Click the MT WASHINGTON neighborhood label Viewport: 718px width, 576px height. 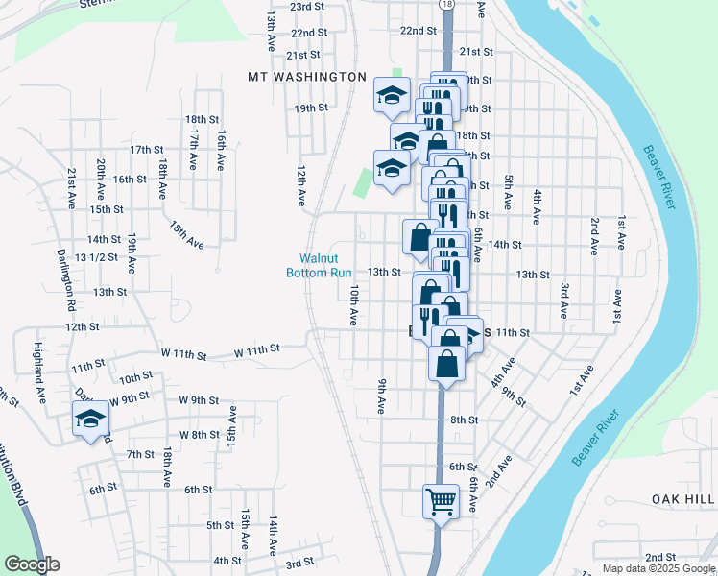pyautogui.click(x=307, y=76)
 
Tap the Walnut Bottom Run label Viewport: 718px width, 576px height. pyautogui.click(x=320, y=265)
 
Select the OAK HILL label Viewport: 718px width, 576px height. pyautogui.click(x=683, y=499)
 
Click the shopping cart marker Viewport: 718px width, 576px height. pyautogui.click(x=441, y=500)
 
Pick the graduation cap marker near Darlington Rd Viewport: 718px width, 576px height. pyautogui.click(x=91, y=420)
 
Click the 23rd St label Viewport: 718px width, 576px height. pyautogui.click(x=309, y=6)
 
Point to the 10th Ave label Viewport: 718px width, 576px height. pyautogui.click(x=354, y=303)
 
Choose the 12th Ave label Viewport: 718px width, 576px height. pyautogui.click(x=300, y=185)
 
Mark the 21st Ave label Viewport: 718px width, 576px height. pyautogui.click(x=72, y=188)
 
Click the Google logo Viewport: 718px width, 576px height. pyautogui.click(x=32, y=564)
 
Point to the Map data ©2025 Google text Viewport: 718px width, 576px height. pyautogui.click(x=658, y=568)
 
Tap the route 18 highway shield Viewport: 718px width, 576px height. pyautogui.click(x=447, y=5)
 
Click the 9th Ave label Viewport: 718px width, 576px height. pyautogui.click(x=382, y=396)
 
